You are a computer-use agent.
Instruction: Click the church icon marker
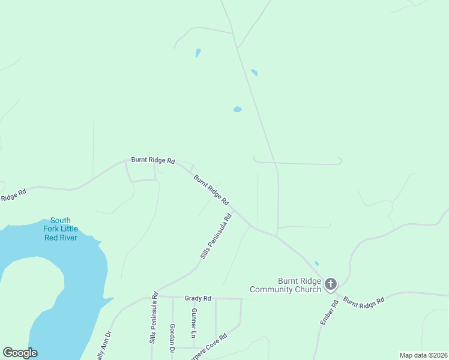(330, 284)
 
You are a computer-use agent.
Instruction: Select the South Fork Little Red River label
(60, 229)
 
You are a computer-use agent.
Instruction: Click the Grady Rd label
(197, 298)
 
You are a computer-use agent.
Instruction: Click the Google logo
(20, 353)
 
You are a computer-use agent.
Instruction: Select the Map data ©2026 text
(423, 355)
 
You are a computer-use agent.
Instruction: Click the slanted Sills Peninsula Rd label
(216, 237)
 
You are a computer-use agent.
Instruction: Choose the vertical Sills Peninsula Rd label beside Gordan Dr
(153, 318)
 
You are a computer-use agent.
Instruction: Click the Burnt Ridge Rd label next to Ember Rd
(364, 302)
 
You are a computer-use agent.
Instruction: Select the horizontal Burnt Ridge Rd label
(153, 161)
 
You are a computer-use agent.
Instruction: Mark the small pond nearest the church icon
(316, 263)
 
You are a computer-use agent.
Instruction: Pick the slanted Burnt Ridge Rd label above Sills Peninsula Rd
(211, 188)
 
